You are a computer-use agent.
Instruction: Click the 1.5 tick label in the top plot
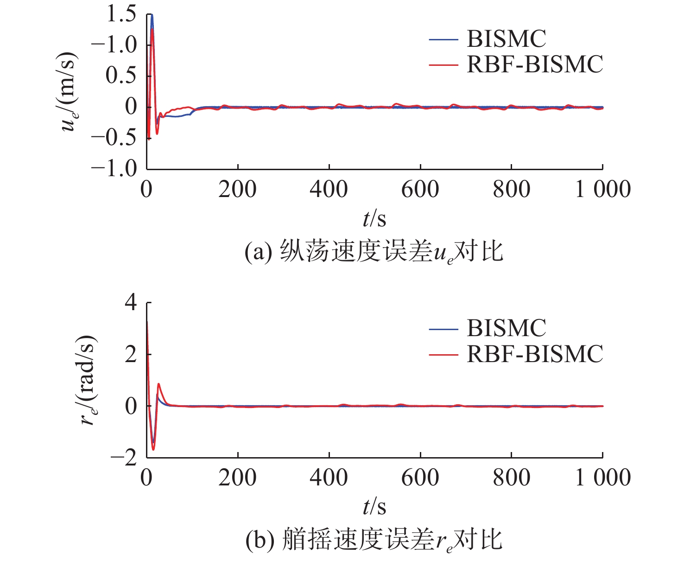[121, 14]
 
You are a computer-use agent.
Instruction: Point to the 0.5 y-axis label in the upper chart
[121, 76]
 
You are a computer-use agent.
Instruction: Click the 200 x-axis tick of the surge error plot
[237, 189]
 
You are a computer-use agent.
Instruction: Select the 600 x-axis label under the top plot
[420, 189]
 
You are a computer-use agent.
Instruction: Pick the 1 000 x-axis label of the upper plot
[602, 189]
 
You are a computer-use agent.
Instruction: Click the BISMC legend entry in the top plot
[506, 39]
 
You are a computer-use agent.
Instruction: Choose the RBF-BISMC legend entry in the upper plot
[534, 64]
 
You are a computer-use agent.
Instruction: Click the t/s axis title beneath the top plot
[374, 218]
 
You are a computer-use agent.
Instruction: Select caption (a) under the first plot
[374, 253]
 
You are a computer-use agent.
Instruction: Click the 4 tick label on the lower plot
[131, 303]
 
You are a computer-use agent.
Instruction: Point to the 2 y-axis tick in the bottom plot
[131, 355]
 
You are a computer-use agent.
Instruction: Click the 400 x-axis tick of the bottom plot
[329, 478]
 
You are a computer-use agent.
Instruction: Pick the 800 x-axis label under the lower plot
[511, 478]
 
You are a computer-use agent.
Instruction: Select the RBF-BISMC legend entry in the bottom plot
[534, 354]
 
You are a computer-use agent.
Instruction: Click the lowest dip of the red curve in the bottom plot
[153, 449]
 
